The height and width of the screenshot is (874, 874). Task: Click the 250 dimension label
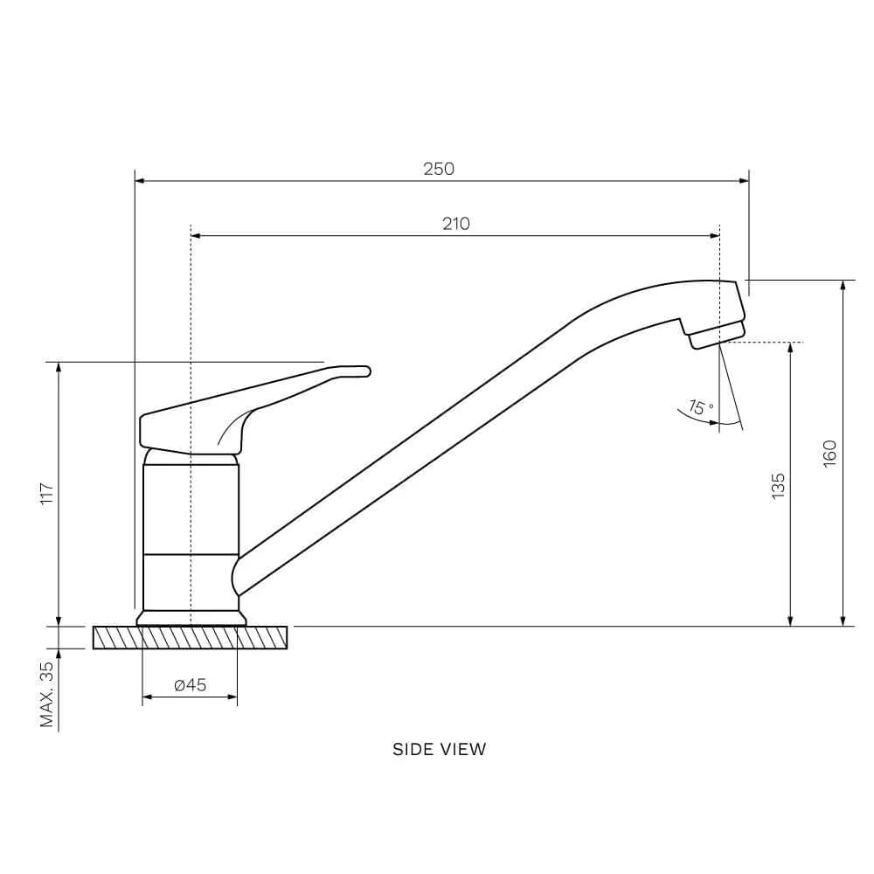pyautogui.click(x=439, y=169)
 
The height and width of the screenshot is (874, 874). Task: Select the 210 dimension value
pyautogui.click(x=456, y=224)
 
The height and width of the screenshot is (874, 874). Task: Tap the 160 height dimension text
pyautogui.click(x=830, y=454)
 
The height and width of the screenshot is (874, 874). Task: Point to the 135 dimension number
pyautogui.click(x=778, y=485)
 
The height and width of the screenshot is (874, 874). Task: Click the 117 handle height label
pyautogui.click(x=47, y=494)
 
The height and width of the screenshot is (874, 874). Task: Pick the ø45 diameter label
pyautogui.click(x=190, y=684)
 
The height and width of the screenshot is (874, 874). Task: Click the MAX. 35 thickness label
pyautogui.click(x=47, y=694)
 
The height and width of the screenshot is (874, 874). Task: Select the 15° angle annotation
pyautogui.click(x=701, y=407)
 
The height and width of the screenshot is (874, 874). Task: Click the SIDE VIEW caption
pyautogui.click(x=440, y=749)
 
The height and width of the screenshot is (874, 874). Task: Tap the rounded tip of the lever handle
pyautogui.click(x=365, y=371)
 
